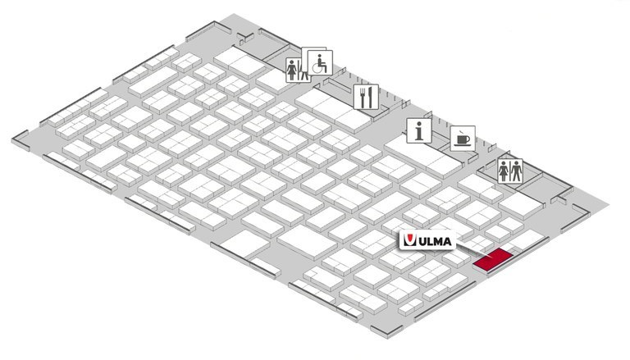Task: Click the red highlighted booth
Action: (x=492, y=260)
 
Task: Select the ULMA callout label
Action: (x=427, y=240)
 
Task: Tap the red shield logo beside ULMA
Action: (x=409, y=240)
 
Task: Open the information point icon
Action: (x=419, y=130)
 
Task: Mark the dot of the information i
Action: (x=419, y=124)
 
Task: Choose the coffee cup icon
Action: (x=463, y=139)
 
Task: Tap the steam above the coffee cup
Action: (x=460, y=133)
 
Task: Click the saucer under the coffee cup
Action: (x=462, y=145)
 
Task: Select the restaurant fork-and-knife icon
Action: (x=366, y=97)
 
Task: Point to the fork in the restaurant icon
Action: (x=363, y=98)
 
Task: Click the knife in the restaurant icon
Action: (x=371, y=98)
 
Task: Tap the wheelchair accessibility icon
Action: (x=320, y=62)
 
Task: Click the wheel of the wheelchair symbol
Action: (x=317, y=68)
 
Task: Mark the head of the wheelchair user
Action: (x=320, y=57)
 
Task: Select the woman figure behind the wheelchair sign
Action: (x=292, y=71)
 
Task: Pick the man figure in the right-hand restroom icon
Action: (x=516, y=171)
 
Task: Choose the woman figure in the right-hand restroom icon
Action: (x=504, y=171)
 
